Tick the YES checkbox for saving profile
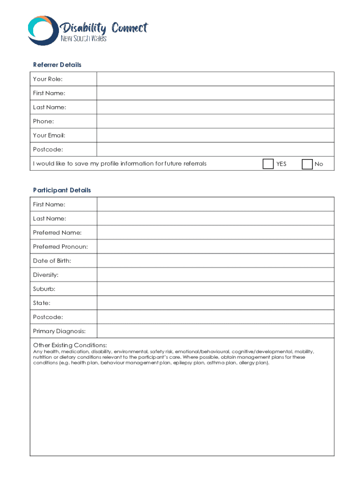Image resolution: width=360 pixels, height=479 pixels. coord(268,164)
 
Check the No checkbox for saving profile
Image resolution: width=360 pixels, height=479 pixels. coord(307,164)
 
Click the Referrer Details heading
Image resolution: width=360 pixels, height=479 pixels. coord(57,65)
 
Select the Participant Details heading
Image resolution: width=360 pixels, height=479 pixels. coord(62,190)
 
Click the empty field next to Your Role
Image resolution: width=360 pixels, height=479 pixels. coord(215,79)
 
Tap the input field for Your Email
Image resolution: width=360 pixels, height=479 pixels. coord(215,135)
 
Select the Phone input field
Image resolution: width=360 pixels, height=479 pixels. coord(215,121)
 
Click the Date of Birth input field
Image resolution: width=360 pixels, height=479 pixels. coord(215,261)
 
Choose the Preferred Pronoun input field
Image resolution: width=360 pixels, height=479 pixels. coord(215,247)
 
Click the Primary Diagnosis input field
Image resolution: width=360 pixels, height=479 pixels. coord(215,331)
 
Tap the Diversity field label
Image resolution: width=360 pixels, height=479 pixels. coord(45,275)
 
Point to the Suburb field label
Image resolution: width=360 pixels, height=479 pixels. coord(44,289)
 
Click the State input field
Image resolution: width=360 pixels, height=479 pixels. coord(215,303)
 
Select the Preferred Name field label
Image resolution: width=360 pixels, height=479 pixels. coord(57,232)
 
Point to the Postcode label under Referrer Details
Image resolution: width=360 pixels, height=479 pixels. coord(48,150)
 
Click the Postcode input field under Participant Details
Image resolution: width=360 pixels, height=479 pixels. coord(215,317)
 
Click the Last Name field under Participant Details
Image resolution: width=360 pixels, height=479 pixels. coord(215,218)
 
